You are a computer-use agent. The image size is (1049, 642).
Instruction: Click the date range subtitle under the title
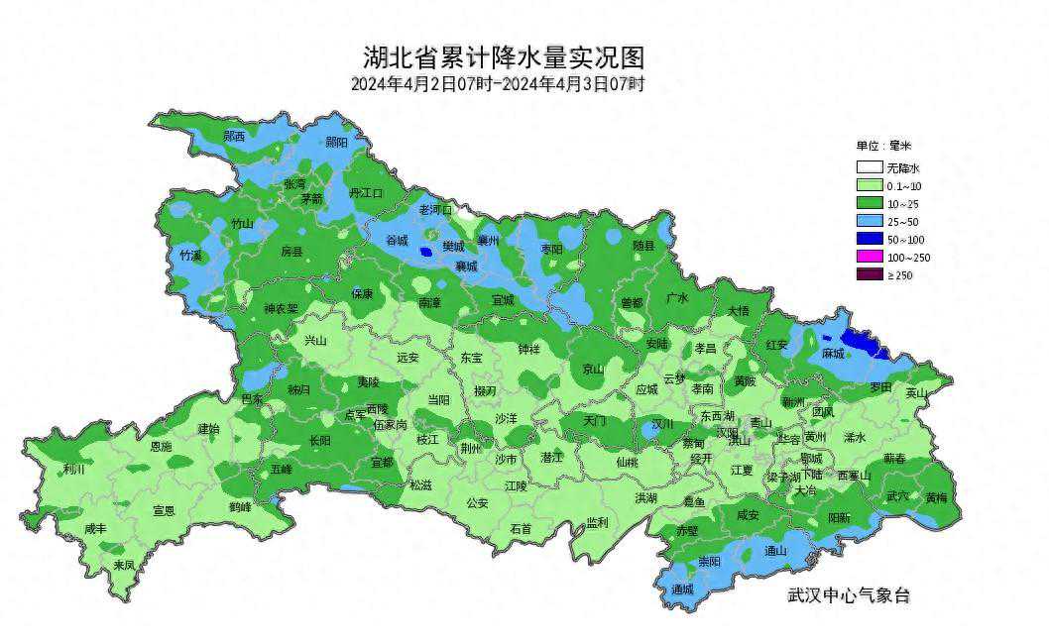[497, 84]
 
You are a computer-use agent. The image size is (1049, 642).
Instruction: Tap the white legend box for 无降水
[870, 168]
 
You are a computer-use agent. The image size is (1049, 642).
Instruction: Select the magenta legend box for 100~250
[870, 258]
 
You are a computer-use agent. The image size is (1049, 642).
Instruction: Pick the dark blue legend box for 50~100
[870, 240]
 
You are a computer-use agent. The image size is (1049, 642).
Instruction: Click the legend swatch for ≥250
[870, 275]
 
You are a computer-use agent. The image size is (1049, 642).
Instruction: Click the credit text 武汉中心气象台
[848, 595]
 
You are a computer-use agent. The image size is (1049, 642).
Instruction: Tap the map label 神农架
[281, 309]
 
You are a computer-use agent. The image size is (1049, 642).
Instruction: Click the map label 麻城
[833, 354]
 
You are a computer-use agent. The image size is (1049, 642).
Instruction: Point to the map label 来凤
[124, 565]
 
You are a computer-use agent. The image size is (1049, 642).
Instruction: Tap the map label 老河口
[435, 210]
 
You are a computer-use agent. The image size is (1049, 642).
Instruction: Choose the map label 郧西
[234, 136]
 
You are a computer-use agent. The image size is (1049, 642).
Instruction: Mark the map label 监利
[596, 522]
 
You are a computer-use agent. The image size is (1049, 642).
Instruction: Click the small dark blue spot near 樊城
[426, 252]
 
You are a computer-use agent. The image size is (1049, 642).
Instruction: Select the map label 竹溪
[190, 255]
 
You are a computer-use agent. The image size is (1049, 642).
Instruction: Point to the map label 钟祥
[529, 349]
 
